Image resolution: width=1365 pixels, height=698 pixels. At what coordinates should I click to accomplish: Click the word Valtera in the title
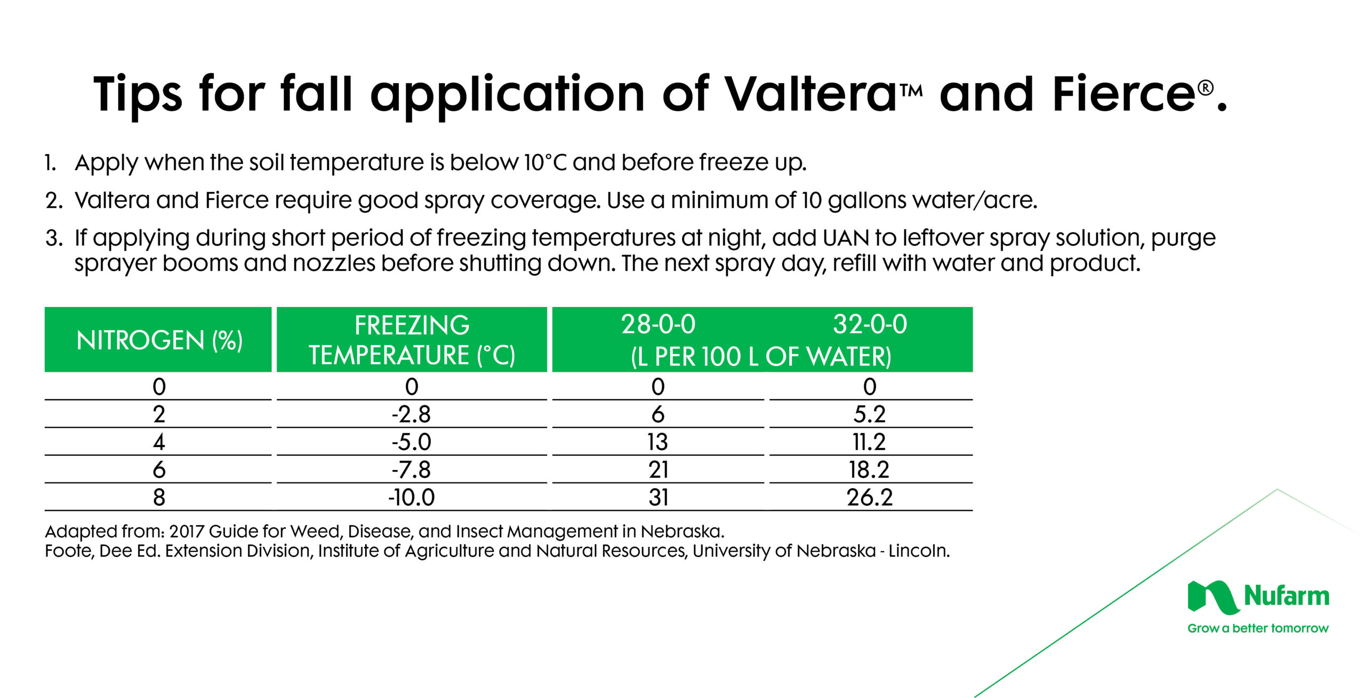pyautogui.click(x=811, y=94)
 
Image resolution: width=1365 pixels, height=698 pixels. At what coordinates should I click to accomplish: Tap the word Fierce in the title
pyautogui.click(x=1123, y=94)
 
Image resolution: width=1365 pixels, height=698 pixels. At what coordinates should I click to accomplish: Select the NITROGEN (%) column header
pyautogui.click(x=159, y=340)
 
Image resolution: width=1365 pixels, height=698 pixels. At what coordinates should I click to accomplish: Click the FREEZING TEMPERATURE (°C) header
pyautogui.click(x=412, y=340)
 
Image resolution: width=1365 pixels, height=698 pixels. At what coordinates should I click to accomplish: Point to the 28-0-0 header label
pyautogui.click(x=658, y=324)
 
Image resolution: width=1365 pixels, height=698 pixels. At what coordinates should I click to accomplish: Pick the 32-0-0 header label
pyautogui.click(x=870, y=324)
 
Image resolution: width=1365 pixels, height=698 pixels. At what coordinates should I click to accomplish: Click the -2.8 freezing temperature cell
pyautogui.click(x=411, y=414)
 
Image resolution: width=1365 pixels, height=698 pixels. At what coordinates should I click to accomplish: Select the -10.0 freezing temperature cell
pyautogui.click(x=411, y=497)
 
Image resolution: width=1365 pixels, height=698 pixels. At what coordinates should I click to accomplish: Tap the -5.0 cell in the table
pyautogui.click(x=411, y=442)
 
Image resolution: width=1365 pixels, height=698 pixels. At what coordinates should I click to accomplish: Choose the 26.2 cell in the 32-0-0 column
pyautogui.click(x=870, y=497)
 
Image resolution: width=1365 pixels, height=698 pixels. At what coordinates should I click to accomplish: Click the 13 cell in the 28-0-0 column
pyautogui.click(x=658, y=442)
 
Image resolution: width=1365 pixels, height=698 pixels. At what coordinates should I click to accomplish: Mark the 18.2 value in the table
pyautogui.click(x=870, y=470)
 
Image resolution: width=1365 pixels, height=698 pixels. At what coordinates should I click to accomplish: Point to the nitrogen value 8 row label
pyautogui.click(x=159, y=497)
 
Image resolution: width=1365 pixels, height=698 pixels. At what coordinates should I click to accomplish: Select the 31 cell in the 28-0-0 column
pyautogui.click(x=658, y=497)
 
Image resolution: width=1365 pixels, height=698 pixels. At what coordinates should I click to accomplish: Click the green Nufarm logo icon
pyautogui.click(x=1213, y=597)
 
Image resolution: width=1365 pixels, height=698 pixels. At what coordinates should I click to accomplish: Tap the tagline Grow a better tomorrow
pyautogui.click(x=1258, y=629)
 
